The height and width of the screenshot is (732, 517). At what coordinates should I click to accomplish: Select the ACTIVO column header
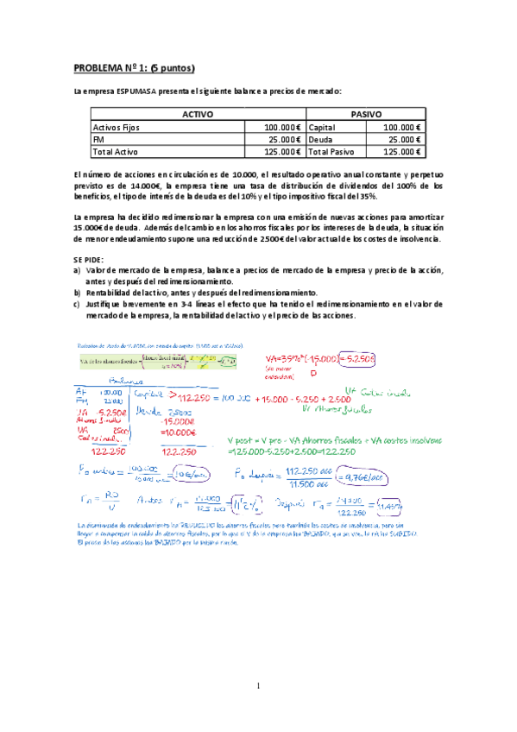pos(198,114)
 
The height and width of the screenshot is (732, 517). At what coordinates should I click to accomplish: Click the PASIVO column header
pos(366,114)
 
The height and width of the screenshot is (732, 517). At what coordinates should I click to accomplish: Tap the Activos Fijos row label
pos(116,127)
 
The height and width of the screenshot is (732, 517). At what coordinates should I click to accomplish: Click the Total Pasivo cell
pos(331,151)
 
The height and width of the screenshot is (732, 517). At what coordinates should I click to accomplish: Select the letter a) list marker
pos(78,270)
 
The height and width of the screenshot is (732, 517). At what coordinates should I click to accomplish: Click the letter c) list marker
pos(78,304)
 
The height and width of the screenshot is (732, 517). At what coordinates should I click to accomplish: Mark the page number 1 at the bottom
pos(258,686)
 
